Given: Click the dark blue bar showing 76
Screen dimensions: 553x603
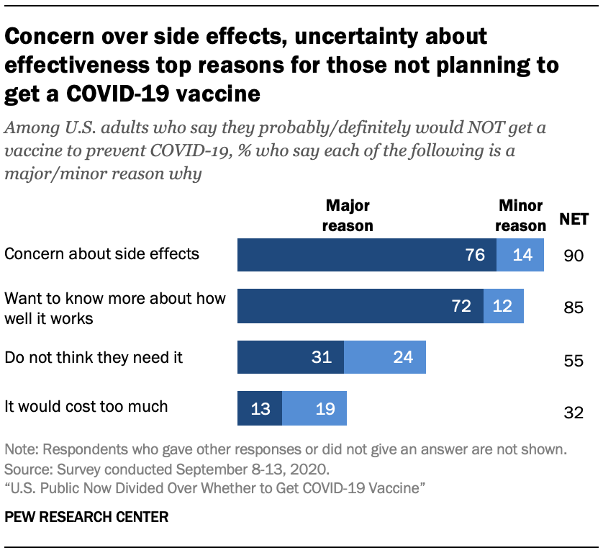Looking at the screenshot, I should [367, 256].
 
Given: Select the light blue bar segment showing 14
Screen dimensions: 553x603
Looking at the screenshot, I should [520, 256].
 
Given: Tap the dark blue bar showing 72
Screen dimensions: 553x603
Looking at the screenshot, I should [361, 306].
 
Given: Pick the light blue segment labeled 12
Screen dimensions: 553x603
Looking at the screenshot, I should [504, 306].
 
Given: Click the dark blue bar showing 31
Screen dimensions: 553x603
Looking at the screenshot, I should [291, 358].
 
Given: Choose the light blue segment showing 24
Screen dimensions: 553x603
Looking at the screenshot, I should [385, 358].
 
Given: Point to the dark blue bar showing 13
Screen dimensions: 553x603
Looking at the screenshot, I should [260, 408].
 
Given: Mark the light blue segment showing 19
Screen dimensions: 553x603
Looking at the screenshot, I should [314, 408].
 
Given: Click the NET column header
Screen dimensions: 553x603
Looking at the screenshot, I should [574, 220].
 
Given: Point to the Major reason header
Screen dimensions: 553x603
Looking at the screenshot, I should [348, 216].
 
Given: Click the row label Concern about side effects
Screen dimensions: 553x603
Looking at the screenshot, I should [101, 253].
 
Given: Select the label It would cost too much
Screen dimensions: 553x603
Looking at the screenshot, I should [86, 406].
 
